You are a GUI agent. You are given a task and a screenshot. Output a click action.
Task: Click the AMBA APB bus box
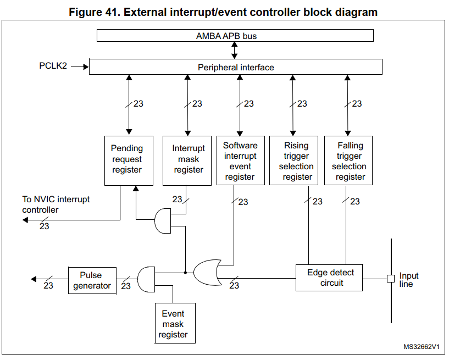235,36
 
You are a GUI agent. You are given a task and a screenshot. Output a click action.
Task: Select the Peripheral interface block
236,67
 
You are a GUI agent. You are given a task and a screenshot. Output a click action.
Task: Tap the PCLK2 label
53,66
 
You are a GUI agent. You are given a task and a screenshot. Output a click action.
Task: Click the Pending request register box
129,160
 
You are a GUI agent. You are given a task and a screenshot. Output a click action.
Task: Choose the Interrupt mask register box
187,160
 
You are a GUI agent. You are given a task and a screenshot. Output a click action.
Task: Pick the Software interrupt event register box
241,160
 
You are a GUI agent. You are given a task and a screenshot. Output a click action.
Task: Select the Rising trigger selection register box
294,160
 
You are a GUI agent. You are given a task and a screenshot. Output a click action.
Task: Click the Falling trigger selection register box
348,160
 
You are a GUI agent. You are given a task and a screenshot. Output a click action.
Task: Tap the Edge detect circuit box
329,278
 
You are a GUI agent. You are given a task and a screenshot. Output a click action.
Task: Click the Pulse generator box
92,280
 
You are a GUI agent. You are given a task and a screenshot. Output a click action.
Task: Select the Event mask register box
175,323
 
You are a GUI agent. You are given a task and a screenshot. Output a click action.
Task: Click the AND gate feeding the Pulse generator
146,279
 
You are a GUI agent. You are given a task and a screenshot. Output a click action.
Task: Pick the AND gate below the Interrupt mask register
163,221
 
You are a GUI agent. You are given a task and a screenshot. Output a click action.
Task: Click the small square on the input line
391,278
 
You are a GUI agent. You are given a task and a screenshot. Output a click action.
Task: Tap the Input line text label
409,280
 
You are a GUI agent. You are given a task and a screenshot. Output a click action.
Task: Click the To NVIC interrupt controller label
56,204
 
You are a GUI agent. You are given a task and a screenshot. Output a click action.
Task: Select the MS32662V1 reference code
421,347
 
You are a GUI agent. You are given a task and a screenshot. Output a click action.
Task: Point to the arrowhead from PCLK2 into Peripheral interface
86,67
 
